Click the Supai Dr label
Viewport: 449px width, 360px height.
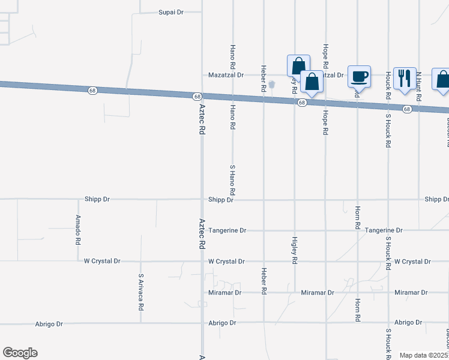pos(170,12)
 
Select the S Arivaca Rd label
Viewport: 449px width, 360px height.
pos(140,292)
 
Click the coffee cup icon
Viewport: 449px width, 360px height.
pos(360,76)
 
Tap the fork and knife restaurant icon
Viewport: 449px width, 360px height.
pos(405,78)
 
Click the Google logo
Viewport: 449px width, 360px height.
pos(20,353)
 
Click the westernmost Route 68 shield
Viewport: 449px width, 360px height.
pos(92,91)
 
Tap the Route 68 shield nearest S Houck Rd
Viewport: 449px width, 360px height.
pos(407,109)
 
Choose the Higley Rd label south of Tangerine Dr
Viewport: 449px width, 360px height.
pos(294,252)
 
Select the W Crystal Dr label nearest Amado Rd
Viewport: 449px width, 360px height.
pos(102,262)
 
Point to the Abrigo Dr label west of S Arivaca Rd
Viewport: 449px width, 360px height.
pos(51,324)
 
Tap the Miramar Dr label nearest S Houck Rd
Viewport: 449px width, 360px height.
pos(411,293)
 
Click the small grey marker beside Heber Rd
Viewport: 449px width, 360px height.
pos(271,85)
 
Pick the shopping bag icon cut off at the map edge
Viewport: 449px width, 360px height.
pos(442,80)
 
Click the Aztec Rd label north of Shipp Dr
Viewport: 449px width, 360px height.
pos(202,120)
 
